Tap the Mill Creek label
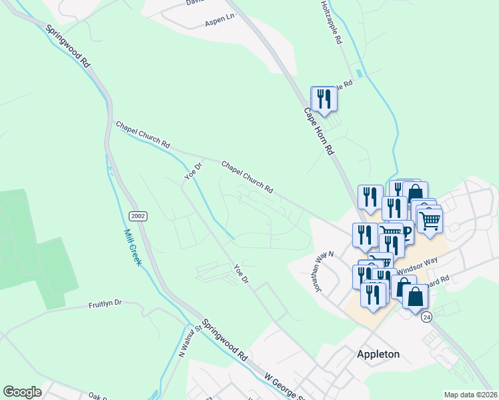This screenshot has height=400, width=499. tap(133, 247)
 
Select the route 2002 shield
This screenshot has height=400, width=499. tap(138, 216)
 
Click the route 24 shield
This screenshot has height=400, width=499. tap(427, 317)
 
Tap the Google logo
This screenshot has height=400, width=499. tap(22, 392)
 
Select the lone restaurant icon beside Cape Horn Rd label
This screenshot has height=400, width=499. tap(324, 99)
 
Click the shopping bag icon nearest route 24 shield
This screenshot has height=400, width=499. tap(415, 297)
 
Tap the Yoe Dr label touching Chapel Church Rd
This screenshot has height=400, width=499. tap(192, 171)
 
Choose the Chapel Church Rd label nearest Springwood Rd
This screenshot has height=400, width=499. tap(143, 135)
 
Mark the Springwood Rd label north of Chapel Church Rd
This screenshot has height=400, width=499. tap(67, 46)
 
